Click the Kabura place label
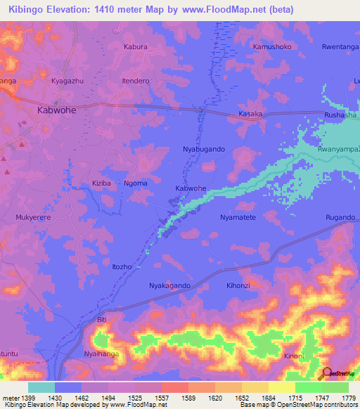tap(135, 46)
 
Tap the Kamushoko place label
tap(271, 46)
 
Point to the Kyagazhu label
tap(67, 82)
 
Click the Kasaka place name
tap(250, 114)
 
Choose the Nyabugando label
tap(204, 150)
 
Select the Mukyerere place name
tap(34, 218)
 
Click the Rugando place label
tap(340, 218)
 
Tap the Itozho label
tap(122, 267)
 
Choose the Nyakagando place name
tap(169, 286)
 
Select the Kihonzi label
tap(238, 286)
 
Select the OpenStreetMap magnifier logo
tap(327, 372)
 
